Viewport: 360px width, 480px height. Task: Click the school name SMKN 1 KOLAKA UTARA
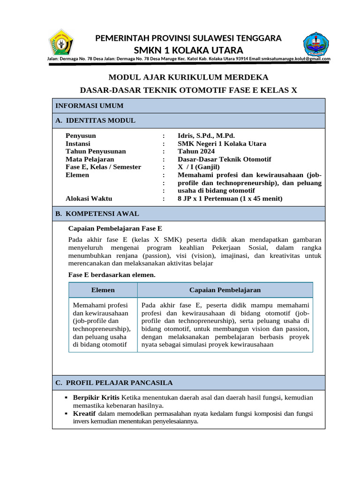click(x=188, y=50)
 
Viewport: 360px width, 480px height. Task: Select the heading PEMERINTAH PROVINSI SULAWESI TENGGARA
click(x=188, y=38)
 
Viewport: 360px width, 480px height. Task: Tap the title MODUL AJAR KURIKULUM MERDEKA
click(x=188, y=77)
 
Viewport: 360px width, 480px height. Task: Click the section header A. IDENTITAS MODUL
click(x=95, y=120)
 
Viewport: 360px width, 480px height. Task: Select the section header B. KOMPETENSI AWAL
click(x=97, y=214)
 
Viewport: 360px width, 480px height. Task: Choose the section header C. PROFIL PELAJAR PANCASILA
click(x=114, y=383)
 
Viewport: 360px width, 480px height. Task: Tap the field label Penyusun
click(x=81, y=136)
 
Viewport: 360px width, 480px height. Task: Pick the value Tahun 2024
click(x=196, y=151)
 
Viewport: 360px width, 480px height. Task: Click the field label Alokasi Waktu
click(x=89, y=199)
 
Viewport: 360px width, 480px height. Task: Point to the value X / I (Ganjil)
click(x=198, y=167)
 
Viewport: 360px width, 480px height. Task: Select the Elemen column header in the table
click(x=103, y=290)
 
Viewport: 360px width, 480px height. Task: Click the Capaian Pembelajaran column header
click(x=225, y=290)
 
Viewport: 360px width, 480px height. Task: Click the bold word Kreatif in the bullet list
click(x=84, y=413)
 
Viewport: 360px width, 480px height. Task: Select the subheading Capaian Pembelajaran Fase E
click(x=115, y=229)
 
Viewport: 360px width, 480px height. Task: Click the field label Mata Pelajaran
click(x=90, y=159)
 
